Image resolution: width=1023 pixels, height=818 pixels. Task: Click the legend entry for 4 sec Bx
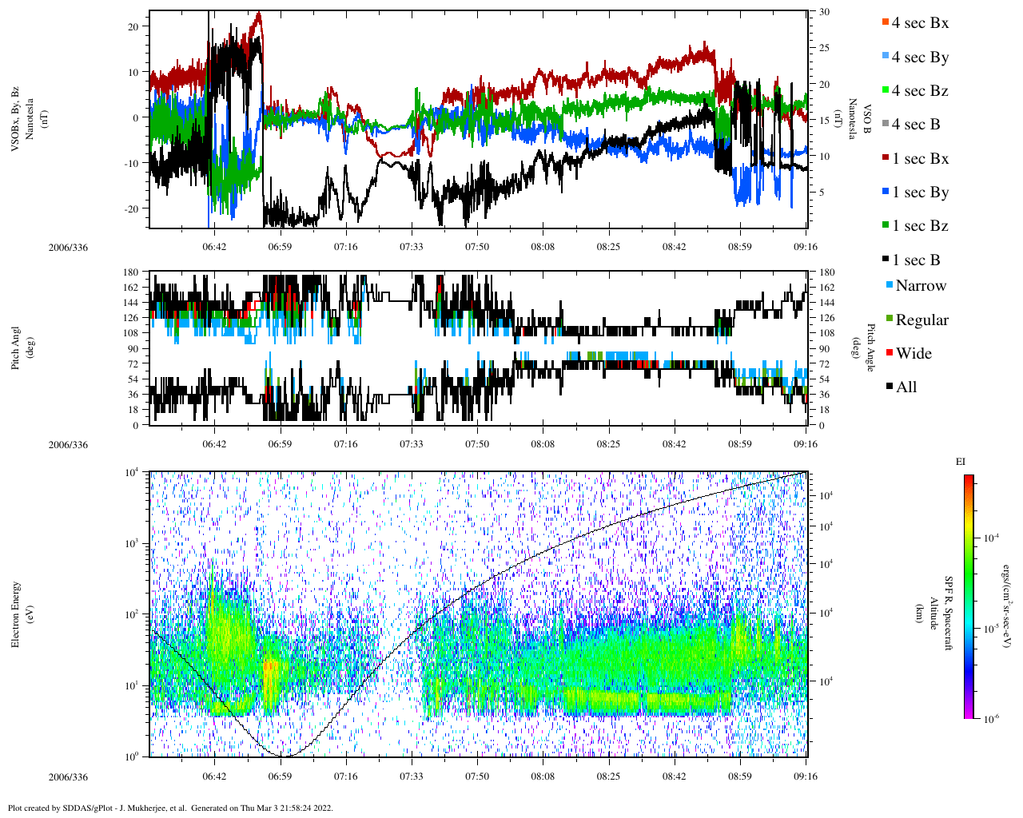point(919,23)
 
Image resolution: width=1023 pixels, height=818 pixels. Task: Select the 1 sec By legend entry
point(919,193)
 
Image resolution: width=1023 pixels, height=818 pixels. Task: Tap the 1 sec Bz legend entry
point(919,226)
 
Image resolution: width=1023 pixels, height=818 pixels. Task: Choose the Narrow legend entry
point(920,286)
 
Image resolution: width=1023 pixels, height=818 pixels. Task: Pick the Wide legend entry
point(913,354)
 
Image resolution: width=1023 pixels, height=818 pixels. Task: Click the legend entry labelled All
point(906,387)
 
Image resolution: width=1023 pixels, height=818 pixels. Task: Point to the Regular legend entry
point(921,320)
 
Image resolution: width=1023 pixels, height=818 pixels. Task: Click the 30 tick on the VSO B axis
point(824,12)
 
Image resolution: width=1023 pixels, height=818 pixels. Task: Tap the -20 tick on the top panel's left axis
point(133,208)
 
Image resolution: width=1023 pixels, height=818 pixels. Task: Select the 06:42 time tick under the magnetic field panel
point(214,247)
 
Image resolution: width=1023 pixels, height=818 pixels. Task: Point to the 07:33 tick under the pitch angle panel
point(412,444)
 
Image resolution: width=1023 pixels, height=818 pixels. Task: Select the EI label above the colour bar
point(961,462)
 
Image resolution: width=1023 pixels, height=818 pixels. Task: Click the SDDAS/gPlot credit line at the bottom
point(170,808)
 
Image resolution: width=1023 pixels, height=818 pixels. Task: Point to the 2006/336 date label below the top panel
point(69,247)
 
